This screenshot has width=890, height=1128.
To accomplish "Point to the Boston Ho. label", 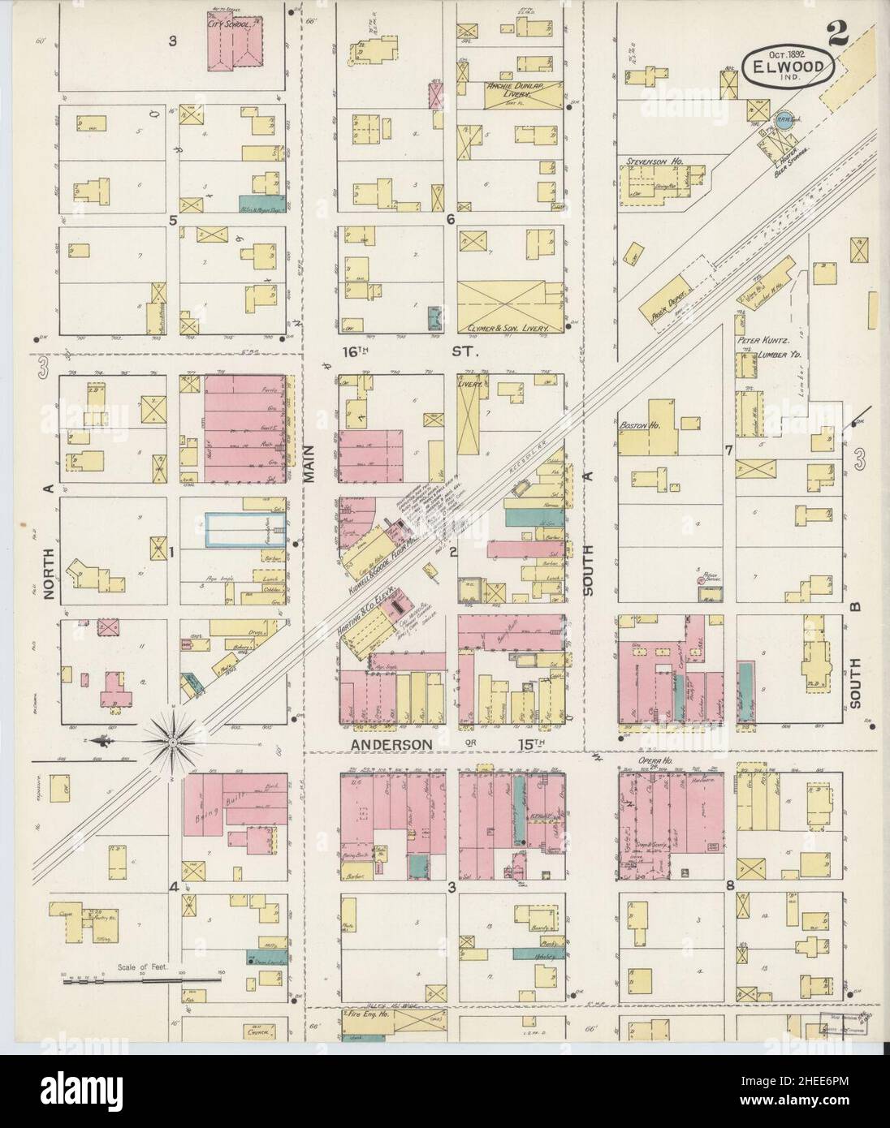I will pos(637,424).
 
